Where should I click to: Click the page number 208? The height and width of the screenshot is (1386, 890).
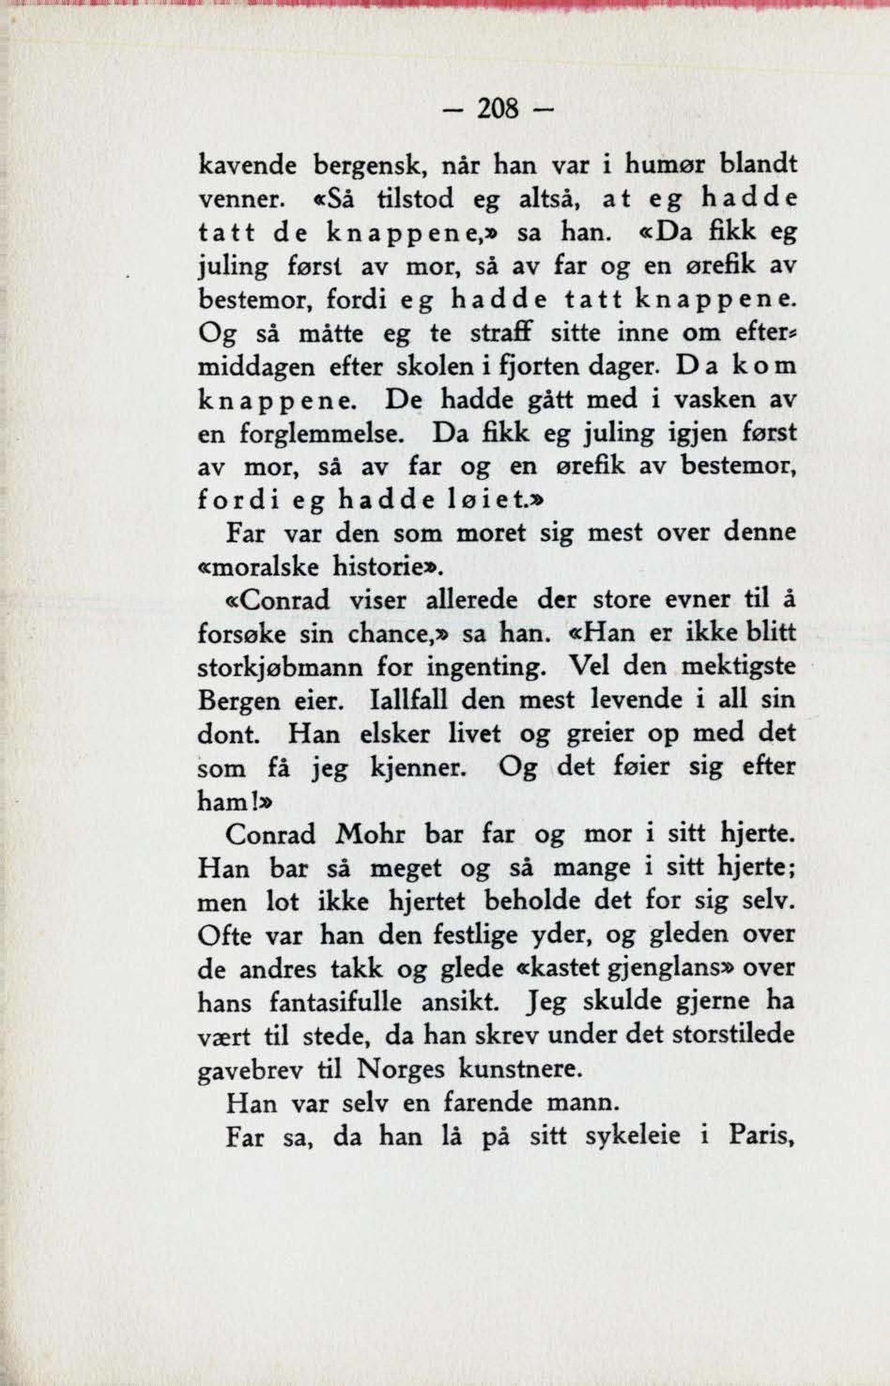(498, 111)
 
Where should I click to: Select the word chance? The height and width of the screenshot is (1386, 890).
(391, 634)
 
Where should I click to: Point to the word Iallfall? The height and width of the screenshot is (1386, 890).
(409, 700)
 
